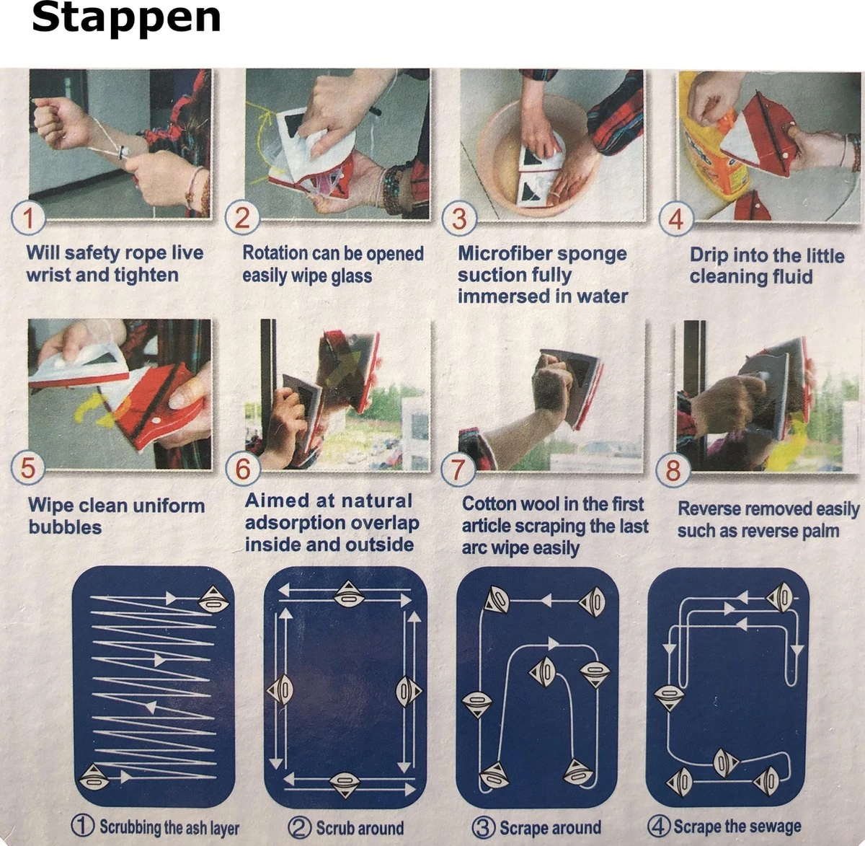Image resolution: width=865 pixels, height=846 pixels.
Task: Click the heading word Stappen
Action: [126, 18]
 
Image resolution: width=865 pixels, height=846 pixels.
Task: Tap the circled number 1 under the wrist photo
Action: [28, 217]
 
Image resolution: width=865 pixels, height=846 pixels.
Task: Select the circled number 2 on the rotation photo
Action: [242, 217]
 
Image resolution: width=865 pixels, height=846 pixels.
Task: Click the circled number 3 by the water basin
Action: [459, 218]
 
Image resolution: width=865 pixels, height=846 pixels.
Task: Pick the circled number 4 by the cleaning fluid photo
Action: [676, 219]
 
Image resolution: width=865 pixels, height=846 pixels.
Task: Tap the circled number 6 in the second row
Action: [243, 470]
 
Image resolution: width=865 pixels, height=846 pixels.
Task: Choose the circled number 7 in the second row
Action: [458, 470]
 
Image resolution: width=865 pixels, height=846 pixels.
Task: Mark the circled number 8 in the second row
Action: [673, 472]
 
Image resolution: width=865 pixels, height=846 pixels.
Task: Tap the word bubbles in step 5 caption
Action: [65, 527]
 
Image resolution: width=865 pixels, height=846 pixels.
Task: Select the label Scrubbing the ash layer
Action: [169, 827]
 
